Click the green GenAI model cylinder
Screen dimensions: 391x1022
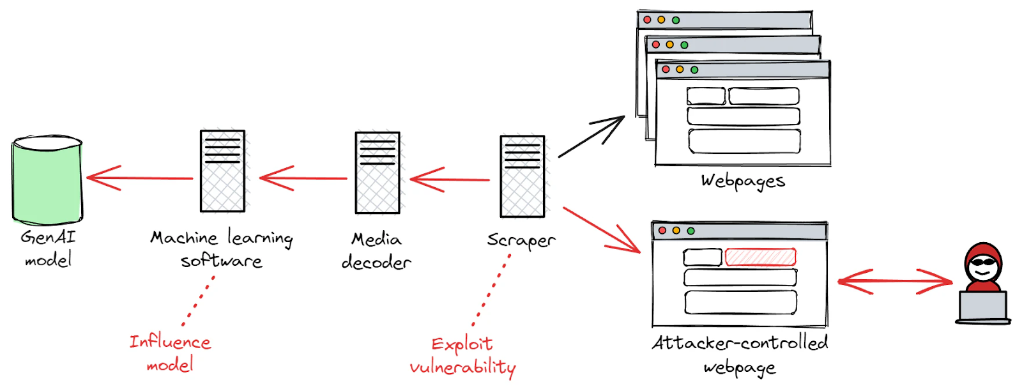click(47, 180)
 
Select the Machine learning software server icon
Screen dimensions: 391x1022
click(222, 171)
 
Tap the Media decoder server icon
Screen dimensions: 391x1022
click(378, 173)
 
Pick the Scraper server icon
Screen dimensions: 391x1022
click(522, 177)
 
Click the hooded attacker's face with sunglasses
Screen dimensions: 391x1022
click(982, 264)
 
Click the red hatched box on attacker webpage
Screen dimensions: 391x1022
click(760, 257)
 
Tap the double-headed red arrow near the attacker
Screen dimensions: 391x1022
click(894, 281)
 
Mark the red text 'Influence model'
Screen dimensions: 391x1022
click(170, 353)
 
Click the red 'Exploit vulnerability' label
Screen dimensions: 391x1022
click(462, 356)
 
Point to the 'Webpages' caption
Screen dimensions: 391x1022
click(743, 181)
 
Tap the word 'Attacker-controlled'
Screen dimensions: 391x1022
click(740, 344)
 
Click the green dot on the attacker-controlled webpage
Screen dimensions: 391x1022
click(690, 231)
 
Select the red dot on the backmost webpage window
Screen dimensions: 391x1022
click(647, 20)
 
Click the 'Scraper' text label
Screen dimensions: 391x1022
click(521, 241)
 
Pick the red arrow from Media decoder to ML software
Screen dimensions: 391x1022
click(303, 178)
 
